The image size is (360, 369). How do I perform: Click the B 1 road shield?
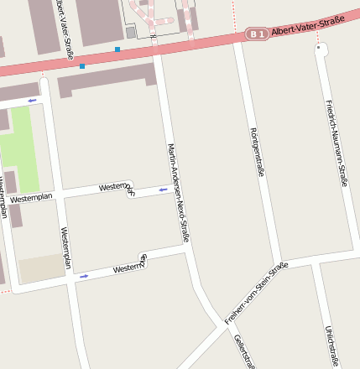point(257,34)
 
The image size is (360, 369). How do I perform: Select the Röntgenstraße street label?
point(258,151)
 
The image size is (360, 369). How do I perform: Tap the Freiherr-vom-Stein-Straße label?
point(256,293)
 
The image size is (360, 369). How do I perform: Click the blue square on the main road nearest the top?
point(117,49)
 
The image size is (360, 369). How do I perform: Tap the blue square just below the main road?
point(82,65)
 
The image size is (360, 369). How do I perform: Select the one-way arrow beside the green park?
point(32,101)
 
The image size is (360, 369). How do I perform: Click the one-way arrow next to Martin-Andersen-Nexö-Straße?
point(163,190)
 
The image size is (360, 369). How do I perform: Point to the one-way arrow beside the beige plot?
point(83,275)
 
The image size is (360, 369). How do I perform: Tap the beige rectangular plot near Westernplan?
point(42,268)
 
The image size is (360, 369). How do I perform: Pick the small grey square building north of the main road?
point(130,32)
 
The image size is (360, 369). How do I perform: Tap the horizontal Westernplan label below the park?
point(32,198)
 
